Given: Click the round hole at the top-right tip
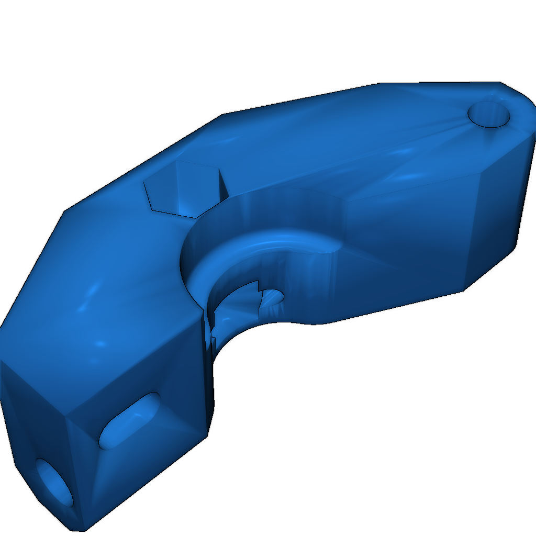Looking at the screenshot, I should [489, 114].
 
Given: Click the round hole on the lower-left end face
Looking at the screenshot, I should [54, 482].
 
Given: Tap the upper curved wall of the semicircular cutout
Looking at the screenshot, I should [272, 209].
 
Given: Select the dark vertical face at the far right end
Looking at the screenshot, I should [502, 209].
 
